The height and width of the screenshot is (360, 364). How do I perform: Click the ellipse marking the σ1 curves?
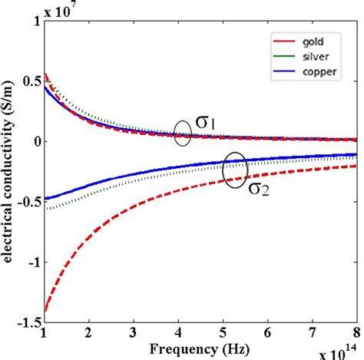182,134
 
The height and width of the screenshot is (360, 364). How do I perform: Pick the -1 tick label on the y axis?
34,260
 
